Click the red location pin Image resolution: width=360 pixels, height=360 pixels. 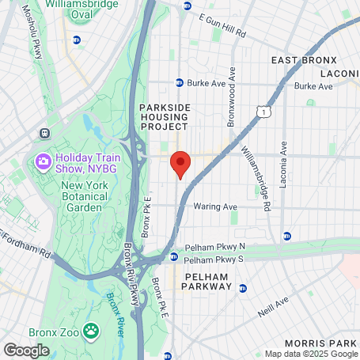[180, 164]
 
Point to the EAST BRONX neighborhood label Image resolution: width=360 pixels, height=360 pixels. [304, 60]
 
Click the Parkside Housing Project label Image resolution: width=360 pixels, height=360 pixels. [164, 116]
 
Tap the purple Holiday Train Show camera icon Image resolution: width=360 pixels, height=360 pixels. [43, 161]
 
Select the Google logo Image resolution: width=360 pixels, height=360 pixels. [27, 349]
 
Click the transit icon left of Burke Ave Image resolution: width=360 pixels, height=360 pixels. [180, 81]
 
